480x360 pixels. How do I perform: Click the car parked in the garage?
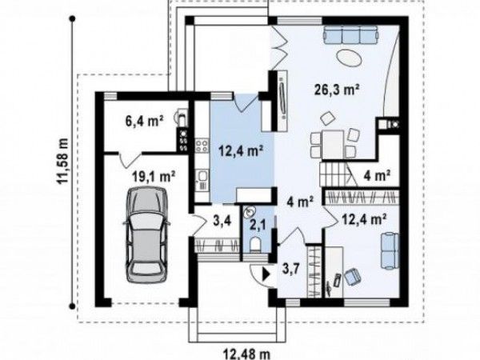click(146, 235)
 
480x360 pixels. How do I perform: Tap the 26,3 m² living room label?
click(337, 90)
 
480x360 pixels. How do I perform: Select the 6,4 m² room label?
click(143, 121)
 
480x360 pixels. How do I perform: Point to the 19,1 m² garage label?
click(154, 177)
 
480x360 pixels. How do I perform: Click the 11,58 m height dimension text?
click(62, 161)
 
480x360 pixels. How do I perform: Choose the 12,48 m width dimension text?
click(246, 354)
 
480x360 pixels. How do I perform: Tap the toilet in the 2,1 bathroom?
click(254, 245)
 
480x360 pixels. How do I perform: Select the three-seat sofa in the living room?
click(351, 34)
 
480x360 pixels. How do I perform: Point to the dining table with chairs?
click(333, 143)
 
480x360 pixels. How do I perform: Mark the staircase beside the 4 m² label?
click(338, 174)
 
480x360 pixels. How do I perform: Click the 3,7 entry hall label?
click(290, 270)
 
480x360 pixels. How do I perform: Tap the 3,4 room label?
click(220, 220)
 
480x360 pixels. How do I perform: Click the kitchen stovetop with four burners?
click(202, 146)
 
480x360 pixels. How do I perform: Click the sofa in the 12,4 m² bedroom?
click(390, 251)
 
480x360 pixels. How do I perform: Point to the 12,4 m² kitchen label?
click(242, 151)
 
